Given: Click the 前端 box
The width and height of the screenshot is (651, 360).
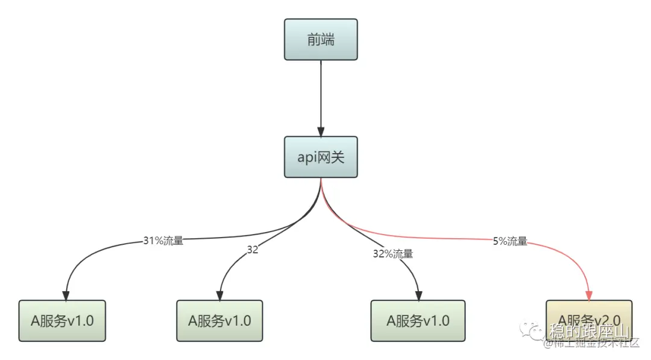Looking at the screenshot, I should (321, 39).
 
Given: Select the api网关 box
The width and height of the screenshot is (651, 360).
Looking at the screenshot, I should (321, 157).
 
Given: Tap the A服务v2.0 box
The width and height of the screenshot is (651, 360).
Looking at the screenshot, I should (589, 320).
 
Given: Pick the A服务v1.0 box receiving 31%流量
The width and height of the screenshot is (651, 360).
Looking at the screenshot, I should (62, 320).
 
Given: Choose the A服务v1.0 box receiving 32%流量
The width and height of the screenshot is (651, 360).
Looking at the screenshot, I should (418, 320).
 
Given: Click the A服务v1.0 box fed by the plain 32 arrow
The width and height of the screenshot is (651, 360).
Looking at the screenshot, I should (219, 320).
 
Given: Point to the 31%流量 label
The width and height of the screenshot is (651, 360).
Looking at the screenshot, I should (163, 241).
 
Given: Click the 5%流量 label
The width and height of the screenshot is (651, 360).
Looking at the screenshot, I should (510, 241).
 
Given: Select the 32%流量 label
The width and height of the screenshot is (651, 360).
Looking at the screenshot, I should (393, 254).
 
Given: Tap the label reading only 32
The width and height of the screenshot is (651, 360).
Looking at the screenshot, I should (252, 250).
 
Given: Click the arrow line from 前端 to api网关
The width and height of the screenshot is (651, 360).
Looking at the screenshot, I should (321, 96).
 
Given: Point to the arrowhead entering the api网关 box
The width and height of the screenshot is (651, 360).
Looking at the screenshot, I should (321, 131).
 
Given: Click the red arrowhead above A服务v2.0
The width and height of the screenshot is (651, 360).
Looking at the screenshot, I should (589, 295).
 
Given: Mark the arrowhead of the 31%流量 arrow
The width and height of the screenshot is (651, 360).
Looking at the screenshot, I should (66, 295).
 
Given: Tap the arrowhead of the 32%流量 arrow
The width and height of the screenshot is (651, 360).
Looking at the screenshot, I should (418, 295).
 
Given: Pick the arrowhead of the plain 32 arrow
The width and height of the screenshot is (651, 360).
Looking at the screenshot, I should (220, 295).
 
